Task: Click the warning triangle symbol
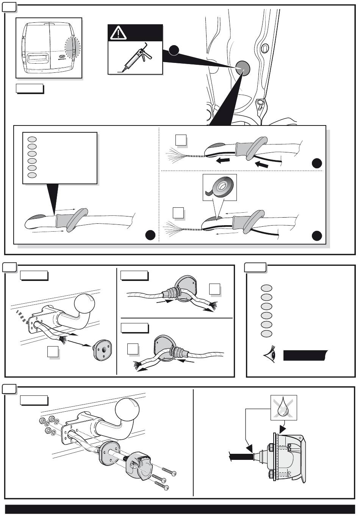tap(118, 34)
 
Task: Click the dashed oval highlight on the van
tap(72, 49)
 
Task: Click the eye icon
tap(270, 356)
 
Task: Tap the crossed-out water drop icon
tap(283, 408)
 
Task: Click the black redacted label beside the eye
tap(305, 356)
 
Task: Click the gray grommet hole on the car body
tap(243, 68)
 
